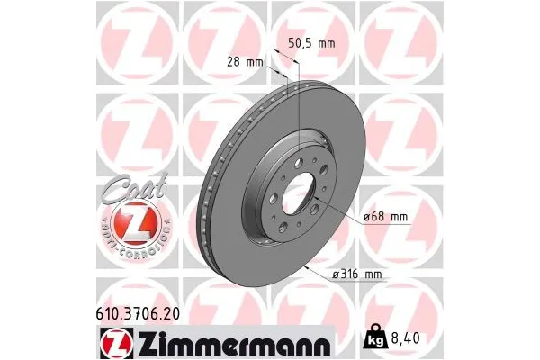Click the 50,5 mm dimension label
[x=310, y=42]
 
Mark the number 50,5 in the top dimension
[x=300, y=42]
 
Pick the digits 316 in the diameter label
[x=350, y=274]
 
